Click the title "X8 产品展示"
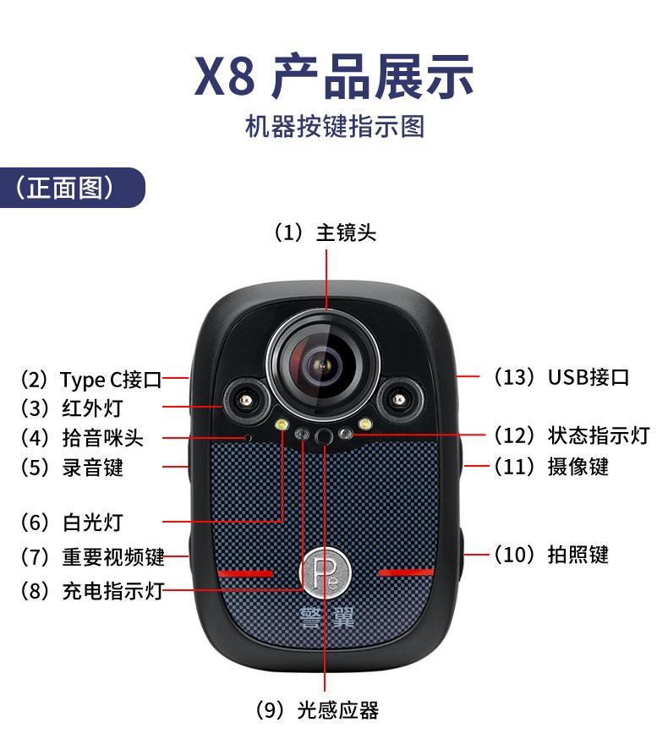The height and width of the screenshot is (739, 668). tap(334, 76)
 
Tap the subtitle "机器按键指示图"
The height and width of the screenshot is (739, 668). tap(335, 126)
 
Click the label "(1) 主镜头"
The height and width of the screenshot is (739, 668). tap(326, 233)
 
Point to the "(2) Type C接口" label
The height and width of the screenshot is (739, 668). tap(90, 380)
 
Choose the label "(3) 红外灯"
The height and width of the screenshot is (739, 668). tap(72, 408)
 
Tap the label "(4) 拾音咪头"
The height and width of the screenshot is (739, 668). tap(81, 438)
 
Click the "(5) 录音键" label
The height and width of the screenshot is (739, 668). tap(72, 468)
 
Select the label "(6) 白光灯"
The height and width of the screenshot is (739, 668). tap(72, 523)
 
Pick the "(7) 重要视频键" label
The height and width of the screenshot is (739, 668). tap(92, 556)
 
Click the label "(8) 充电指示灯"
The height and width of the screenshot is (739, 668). tap(92, 590)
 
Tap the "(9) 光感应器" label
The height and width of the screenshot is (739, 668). tap(317, 710)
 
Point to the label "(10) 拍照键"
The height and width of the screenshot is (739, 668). tap(551, 555)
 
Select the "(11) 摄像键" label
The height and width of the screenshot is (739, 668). tap(551, 467)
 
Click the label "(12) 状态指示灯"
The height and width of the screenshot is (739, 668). tap(572, 435)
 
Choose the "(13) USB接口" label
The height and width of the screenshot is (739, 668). tap(561, 377)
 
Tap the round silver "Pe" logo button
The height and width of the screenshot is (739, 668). tap(326, 573)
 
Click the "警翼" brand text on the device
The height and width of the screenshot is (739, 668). tap(326, 617)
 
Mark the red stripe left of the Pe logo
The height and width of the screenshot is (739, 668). tap(245, 573)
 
